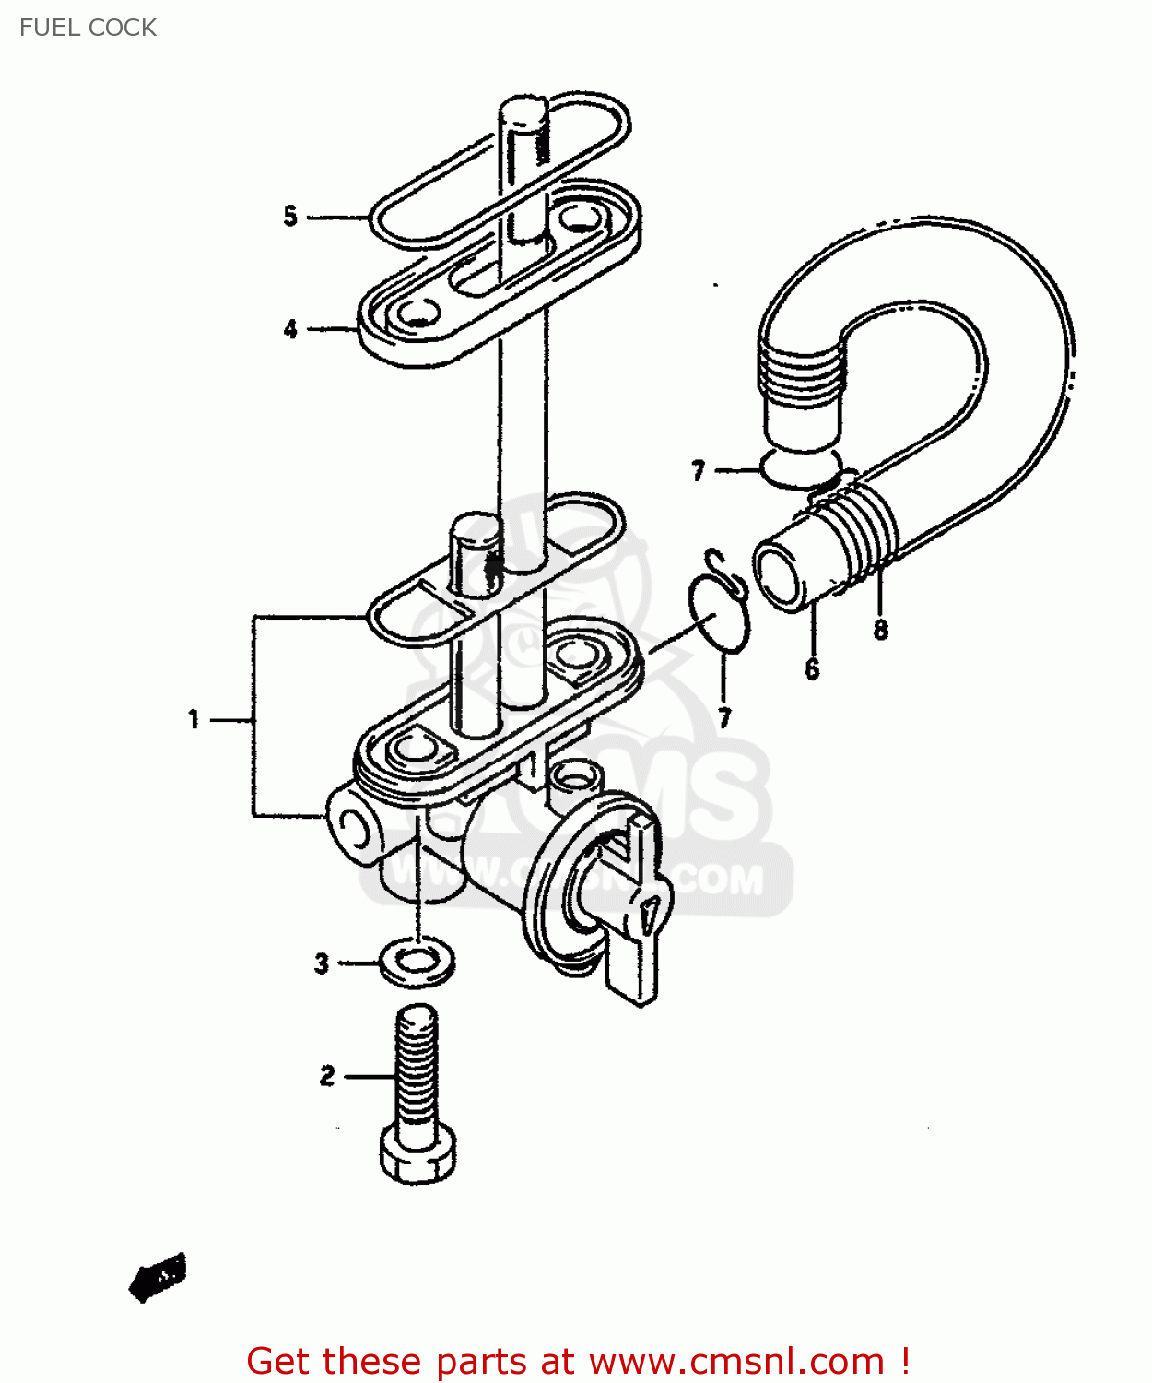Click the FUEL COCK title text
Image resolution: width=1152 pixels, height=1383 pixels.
click(x=88, y=28)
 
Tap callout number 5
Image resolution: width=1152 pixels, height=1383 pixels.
click(x=290, y=217)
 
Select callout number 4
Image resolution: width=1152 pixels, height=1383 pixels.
click(x=290, y=329)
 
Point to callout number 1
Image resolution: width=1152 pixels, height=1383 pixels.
click(x=194, y=719)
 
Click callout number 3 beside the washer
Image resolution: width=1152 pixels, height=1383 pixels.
click(x=321, y=963)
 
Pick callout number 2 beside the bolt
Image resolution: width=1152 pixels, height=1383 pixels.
click(x=327, y=1076)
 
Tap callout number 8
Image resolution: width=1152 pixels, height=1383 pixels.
click(x=880, y=630)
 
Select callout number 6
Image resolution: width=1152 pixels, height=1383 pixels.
click(x=811, y=668)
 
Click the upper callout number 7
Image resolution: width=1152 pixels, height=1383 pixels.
click(x=698, y=471)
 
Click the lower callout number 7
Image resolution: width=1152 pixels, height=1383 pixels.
click(x=724, y=717)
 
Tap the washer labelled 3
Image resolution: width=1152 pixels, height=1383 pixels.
click(x=417, y=961)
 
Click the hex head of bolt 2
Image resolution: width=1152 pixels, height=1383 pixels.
click(x=417, y=1157)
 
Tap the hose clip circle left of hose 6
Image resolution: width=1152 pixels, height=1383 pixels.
click(x=719, y=613)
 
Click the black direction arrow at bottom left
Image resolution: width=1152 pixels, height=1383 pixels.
click(x=158, y=1277)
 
